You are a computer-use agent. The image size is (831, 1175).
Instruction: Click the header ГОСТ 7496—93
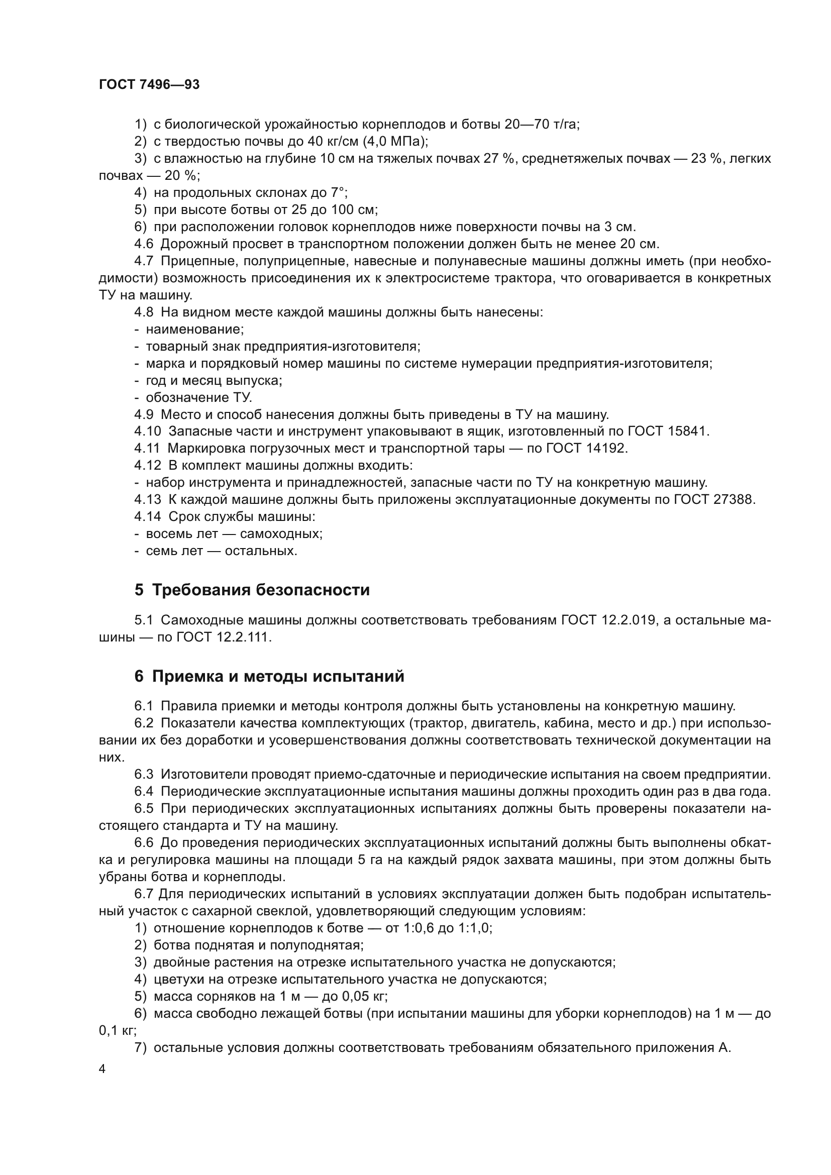[149, 85]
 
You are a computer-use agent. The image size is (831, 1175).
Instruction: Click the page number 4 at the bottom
[102, 1069]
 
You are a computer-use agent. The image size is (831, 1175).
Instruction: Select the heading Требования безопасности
[261, 590]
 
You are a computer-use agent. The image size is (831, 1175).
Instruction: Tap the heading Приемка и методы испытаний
[278, 677]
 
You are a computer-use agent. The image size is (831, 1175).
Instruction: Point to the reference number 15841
[688, 432]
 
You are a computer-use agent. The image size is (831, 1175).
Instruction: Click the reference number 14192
[606, 448]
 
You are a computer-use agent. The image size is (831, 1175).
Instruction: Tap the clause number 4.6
[144, 244]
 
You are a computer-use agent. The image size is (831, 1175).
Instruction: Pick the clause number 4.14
[147, 517]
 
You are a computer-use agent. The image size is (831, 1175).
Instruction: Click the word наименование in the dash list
[194, 329]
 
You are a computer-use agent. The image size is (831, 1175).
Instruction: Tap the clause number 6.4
[144, 791]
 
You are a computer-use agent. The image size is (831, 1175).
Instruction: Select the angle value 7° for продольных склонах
[339, 192]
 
